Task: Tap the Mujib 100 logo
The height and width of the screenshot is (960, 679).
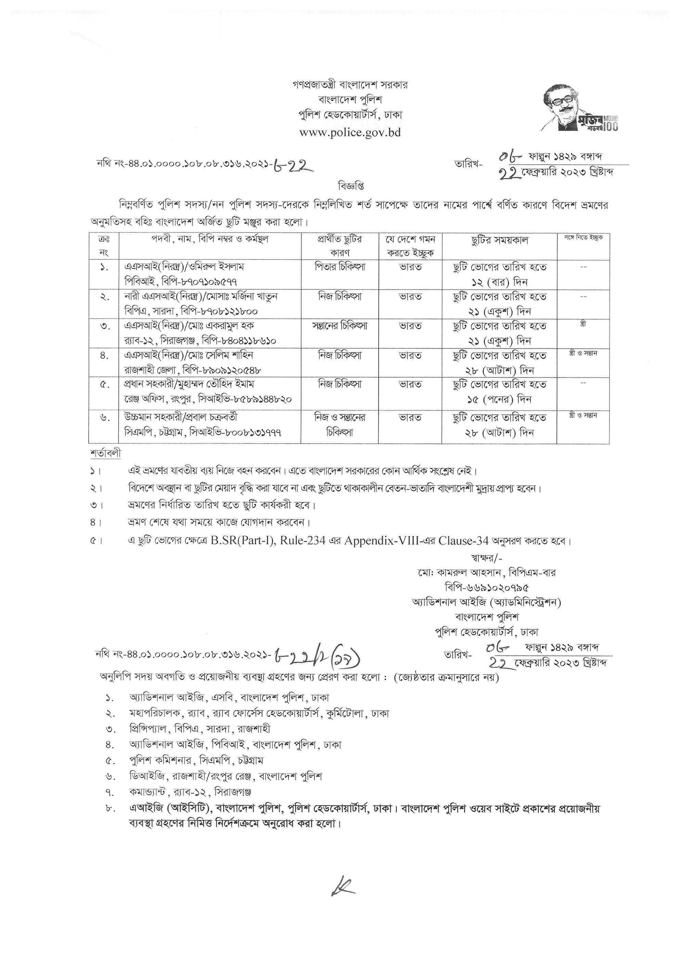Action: pos(579,108)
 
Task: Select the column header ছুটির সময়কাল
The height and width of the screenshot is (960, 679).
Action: pos(499,240)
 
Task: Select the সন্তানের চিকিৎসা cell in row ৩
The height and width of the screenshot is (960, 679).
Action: pos(340,326)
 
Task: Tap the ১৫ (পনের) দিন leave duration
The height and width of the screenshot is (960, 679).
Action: pos(499,399)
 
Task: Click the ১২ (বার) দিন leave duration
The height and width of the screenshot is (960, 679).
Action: pos(499,282)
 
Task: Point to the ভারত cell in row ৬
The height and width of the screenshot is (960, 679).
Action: pos(410,418)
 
